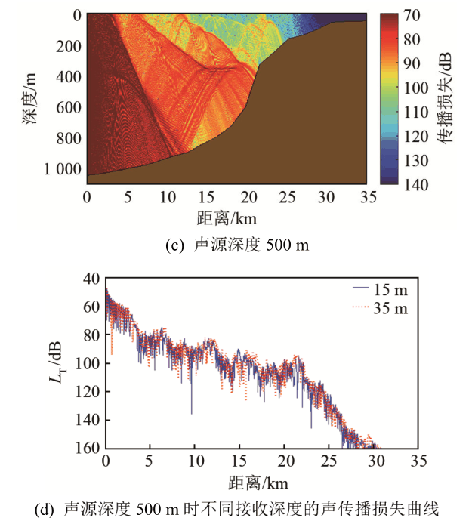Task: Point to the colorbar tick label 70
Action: (x=415, y=15)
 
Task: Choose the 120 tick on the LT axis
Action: (x=86, y=391)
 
